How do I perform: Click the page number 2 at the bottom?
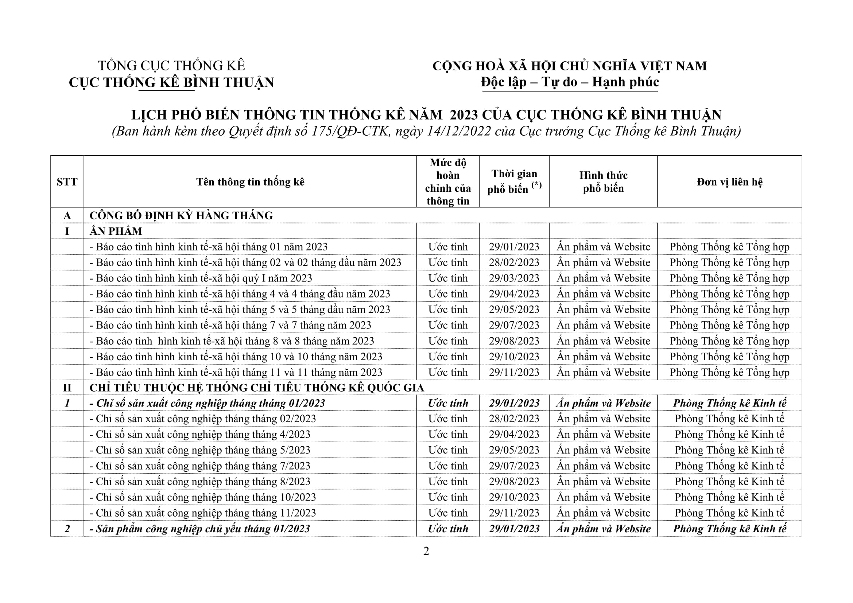click(x=426, y=551)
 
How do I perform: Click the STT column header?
click(x=67, y=182)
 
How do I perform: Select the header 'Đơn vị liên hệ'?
click(x=729, y=182)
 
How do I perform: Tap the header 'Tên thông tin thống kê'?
click(x=250, y=182)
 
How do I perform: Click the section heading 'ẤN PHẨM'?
click(x=116, y=231)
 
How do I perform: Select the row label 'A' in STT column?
click(x=67, y=215)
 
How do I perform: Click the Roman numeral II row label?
click(x=67, y=388)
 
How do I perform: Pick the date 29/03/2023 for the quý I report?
click(x=514, y=278)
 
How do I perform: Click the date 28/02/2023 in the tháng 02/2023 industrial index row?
click(x=514, y=419)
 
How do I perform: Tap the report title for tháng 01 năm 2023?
click(x=209, y=247)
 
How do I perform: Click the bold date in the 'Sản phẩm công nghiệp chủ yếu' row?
click(x=514, y=529)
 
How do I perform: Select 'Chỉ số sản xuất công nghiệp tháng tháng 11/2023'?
click(x=203, y=513)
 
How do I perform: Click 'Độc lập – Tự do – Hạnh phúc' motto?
click(x=570, y=82)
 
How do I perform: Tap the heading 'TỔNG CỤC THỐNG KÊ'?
click(x=171, y=66)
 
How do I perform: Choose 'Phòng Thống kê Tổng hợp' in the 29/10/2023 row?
click(x=729, y=357)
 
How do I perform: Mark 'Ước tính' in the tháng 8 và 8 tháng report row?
click(x=448, y=341)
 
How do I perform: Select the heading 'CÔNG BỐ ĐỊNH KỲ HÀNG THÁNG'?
click(x=181, y=215)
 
